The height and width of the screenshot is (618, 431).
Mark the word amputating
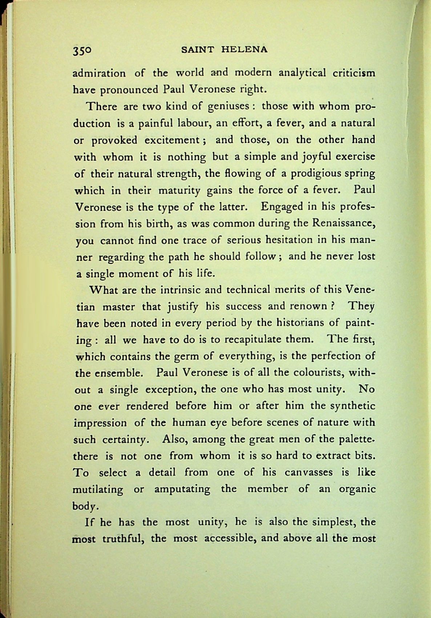pos(182,489)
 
